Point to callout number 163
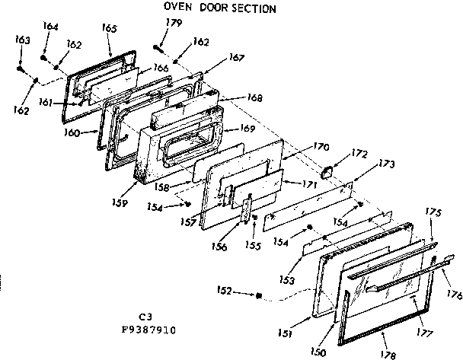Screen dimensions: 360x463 [22, 39]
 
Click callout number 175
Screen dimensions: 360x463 [433, 214]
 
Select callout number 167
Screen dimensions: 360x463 [237, 58]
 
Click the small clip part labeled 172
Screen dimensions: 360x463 [329, 171]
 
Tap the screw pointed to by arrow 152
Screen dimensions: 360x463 [260, 295]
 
